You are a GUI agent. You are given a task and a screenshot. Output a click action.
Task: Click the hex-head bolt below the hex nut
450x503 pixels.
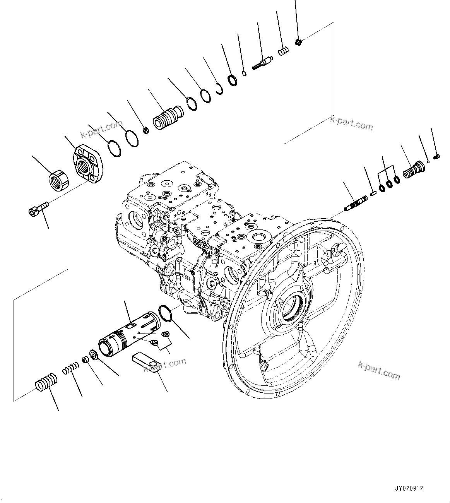point(38,210)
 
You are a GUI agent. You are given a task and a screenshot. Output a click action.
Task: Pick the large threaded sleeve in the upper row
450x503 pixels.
point(168,117)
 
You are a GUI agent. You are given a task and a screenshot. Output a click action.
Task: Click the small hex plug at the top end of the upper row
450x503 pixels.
point(298,42)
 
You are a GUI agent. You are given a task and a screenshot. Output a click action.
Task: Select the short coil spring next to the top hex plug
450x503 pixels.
point(284,51)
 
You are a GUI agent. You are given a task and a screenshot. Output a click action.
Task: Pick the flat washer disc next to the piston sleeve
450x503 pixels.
point(93,354)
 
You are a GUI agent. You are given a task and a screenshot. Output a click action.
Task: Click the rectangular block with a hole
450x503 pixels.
point(146,361)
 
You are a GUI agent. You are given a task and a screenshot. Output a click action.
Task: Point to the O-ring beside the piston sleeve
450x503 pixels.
point(165,313)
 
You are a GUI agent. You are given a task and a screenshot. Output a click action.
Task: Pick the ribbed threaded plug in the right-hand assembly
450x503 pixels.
point(413,171)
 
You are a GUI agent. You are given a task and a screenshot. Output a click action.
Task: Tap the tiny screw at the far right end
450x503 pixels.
point(437,156)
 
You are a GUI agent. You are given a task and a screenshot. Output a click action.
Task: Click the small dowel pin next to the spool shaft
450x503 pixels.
point(373,193)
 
